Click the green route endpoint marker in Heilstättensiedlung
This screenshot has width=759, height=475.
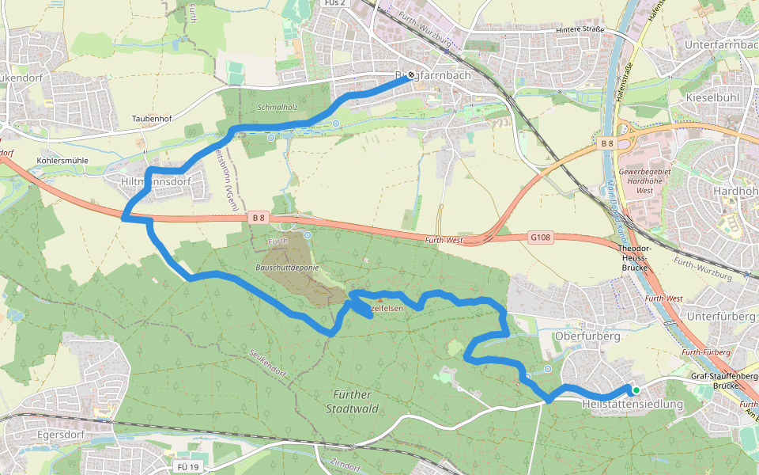(x=636, y=389)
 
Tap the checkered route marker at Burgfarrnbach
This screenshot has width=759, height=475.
(x=410, y=77)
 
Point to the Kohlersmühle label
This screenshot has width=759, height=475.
(x=62, y=160)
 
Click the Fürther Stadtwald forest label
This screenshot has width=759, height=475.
(x=352, y=401)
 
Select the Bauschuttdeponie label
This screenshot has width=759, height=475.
(x=287, y=268)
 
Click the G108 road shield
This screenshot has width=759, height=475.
(x=539, y=237)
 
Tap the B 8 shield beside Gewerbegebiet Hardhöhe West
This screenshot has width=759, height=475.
(x=607, y=143)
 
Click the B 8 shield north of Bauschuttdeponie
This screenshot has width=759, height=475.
(x=258, y=216)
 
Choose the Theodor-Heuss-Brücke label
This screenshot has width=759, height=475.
(x=635, y=258)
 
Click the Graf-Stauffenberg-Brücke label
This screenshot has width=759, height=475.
(x=724, y=381)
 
